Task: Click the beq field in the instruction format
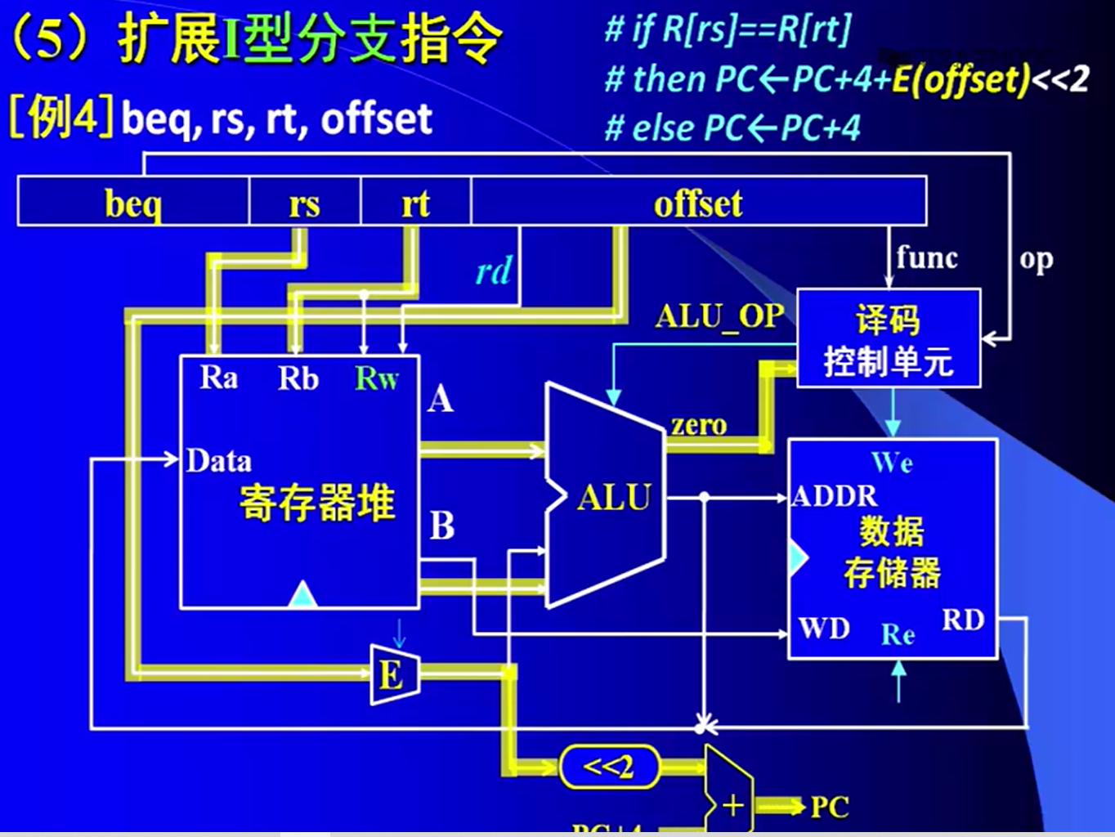pos(133,203)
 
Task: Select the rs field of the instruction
pos(304,203)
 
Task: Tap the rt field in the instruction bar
pos(415,203)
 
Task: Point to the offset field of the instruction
pos(698,203)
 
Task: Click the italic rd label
pos(494,271)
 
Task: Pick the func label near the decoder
pos(926,257)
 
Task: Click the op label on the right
pos(1036,259)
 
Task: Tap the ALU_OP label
pos(719,316)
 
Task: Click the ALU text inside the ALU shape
pos(614,497)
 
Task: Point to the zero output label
pos(698,425)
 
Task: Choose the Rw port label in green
pos(376,378)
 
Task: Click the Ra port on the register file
pos(219,378)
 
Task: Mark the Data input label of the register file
pos(218,461)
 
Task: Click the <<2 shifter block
pos(609,767)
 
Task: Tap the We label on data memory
pos(892,463)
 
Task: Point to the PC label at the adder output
pos(829,807)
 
